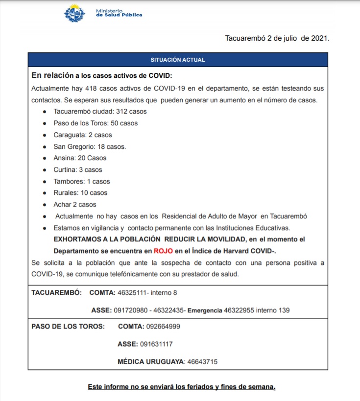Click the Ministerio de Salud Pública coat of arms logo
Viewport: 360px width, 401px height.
click(74, 13)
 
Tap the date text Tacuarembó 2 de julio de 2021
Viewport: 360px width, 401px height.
click(277, 38)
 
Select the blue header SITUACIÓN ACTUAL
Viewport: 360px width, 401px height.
click(177, 60)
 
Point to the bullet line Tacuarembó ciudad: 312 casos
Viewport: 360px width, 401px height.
click(100, 111)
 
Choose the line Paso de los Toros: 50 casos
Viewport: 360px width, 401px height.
click(96, 123)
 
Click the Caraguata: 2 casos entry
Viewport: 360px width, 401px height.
click(83, 135)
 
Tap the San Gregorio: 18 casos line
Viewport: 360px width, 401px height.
click(90, 146)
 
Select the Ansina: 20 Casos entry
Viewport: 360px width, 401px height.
click(80, 158)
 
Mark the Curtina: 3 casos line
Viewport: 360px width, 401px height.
click(78, 170)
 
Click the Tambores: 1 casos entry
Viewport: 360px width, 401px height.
click(82, 182)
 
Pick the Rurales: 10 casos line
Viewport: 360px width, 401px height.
click(80, 193)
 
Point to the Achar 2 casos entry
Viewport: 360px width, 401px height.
click(75, 205)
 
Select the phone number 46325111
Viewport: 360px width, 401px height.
click(133, 293)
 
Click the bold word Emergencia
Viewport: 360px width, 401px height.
click(205, 310)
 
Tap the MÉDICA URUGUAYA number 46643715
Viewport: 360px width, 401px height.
click(202, 362)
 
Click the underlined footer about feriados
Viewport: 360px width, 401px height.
click(181, 387)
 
